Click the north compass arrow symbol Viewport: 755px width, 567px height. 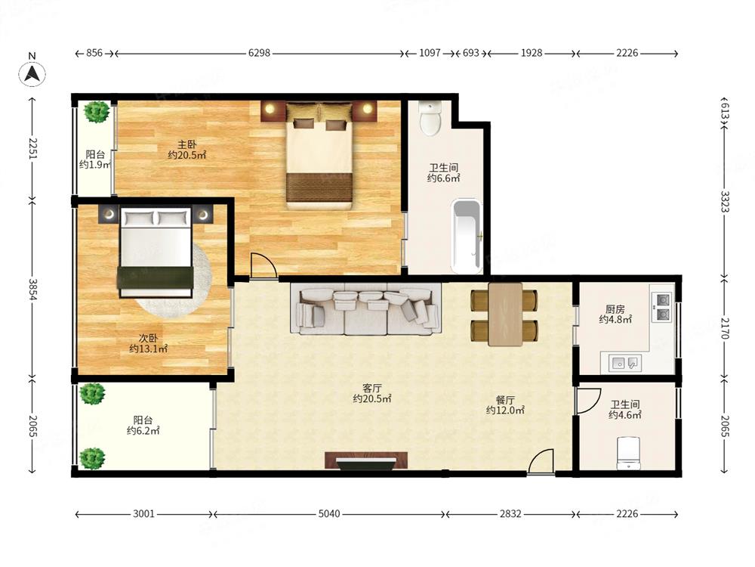[32, 74]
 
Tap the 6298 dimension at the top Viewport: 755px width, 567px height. [259, 53]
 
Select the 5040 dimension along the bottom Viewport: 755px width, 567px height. [329, 514]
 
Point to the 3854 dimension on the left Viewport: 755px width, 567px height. [32, 290]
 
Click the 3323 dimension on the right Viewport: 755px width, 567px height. [725, 201]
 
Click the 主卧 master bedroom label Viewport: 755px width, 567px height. [186, 144]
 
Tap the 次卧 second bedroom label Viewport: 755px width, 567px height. [148, 338]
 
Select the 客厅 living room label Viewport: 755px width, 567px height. [371, 388]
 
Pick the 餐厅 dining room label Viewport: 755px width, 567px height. [505, 400]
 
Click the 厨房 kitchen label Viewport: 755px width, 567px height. [615, 309]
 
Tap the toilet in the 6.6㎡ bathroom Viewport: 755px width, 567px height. [430, 118]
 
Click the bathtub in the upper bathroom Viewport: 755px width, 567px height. [467, 236]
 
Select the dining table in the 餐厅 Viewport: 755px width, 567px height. [505, 314]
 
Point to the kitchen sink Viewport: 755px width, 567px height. [624, 363]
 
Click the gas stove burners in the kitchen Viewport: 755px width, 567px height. [661, 308]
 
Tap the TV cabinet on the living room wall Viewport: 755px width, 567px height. [366, 460]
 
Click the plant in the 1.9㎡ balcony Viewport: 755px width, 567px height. [97, 112]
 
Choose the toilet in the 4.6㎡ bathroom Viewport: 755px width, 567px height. [628, 453]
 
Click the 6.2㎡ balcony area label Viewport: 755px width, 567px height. [143, 426]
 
